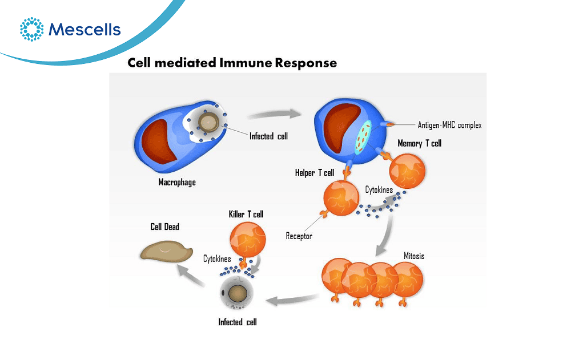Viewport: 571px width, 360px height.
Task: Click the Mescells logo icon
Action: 31,29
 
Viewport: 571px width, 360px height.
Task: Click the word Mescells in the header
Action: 85,30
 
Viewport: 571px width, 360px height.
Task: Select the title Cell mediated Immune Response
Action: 232,63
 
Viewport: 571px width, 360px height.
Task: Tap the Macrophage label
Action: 177,182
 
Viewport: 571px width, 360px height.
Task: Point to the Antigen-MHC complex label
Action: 449,125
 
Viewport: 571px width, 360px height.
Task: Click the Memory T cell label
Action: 420,143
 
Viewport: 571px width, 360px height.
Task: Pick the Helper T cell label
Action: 315,172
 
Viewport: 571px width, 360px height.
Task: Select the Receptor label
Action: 299,236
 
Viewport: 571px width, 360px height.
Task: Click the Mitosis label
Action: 414,256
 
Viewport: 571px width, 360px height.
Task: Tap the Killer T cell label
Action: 246,214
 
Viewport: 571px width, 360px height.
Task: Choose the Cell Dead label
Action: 165,226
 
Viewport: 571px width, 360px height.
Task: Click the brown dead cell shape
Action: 166,251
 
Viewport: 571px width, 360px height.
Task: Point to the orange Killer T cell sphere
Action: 248,240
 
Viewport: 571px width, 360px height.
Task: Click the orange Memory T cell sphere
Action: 407,171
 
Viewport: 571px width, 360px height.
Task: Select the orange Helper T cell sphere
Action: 341,199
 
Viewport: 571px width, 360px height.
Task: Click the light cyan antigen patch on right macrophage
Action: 363,137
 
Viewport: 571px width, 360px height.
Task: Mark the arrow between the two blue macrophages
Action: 274,115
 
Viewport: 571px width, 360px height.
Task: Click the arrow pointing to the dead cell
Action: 190,275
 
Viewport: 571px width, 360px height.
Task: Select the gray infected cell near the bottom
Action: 237,293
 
